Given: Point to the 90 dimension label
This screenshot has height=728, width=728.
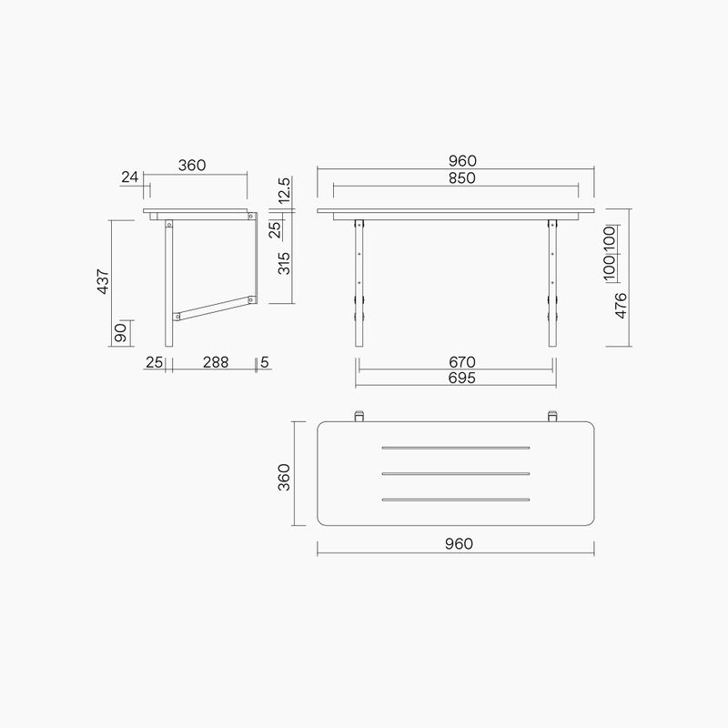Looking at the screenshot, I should [120, 333].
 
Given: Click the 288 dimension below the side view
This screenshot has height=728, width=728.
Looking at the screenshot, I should [215, 362].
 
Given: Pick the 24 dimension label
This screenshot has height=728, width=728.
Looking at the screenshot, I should [131, 177].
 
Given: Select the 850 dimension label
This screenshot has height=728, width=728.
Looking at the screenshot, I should [461, 178].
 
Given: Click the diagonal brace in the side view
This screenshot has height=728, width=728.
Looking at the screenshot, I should [214, 308].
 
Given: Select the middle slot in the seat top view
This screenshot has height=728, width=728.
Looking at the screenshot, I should [456, 473].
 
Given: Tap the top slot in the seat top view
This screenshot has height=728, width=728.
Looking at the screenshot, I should [456, 448].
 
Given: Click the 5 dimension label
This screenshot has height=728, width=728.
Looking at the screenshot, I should [264, 362].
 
